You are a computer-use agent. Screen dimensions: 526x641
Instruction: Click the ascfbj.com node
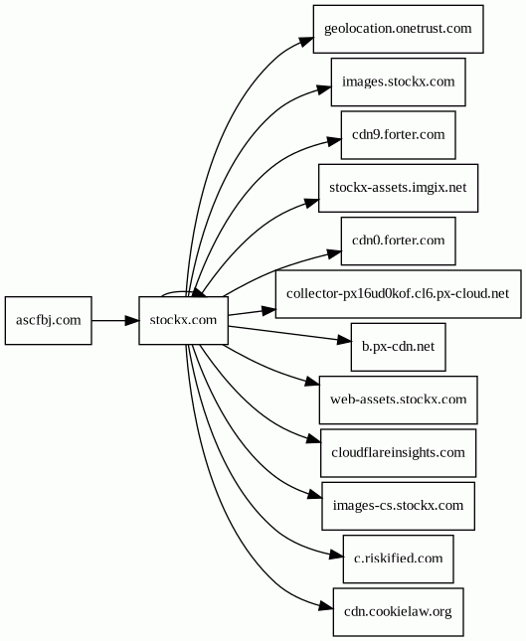[49, 320]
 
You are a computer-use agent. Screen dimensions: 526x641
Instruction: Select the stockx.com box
[183, 320]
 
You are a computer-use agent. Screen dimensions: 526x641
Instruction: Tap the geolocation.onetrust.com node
[398, 29]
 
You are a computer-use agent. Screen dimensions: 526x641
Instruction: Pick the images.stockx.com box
[398, 81]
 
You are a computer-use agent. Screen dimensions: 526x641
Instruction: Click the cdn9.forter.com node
[398, 135]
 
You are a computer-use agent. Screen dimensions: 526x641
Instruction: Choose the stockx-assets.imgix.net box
[398, 188]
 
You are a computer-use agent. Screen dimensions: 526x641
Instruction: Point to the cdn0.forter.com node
[398, 240]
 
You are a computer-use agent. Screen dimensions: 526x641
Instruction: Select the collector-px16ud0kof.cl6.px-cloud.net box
[398, 294]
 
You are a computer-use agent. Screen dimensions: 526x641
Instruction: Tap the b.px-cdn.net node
[398, 347]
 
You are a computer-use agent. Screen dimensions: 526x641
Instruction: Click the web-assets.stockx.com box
[398, 400]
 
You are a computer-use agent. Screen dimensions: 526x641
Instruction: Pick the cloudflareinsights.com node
[398, 453]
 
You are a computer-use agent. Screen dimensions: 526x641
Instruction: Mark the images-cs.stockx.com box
[398, 506]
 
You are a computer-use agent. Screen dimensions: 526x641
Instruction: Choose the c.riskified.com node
[398, 559]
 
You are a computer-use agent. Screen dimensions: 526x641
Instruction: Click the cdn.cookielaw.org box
[398, 612]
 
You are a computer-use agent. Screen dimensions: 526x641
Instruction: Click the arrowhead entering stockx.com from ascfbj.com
[132, 320]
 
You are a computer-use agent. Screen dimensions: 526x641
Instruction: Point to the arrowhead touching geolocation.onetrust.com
[307, 42]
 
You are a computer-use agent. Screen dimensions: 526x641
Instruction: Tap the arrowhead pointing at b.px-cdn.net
[344, 340]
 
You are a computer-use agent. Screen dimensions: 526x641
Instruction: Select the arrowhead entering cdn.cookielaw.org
[326, 606]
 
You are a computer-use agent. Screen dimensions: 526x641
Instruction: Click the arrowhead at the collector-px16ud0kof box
[268, 311]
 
